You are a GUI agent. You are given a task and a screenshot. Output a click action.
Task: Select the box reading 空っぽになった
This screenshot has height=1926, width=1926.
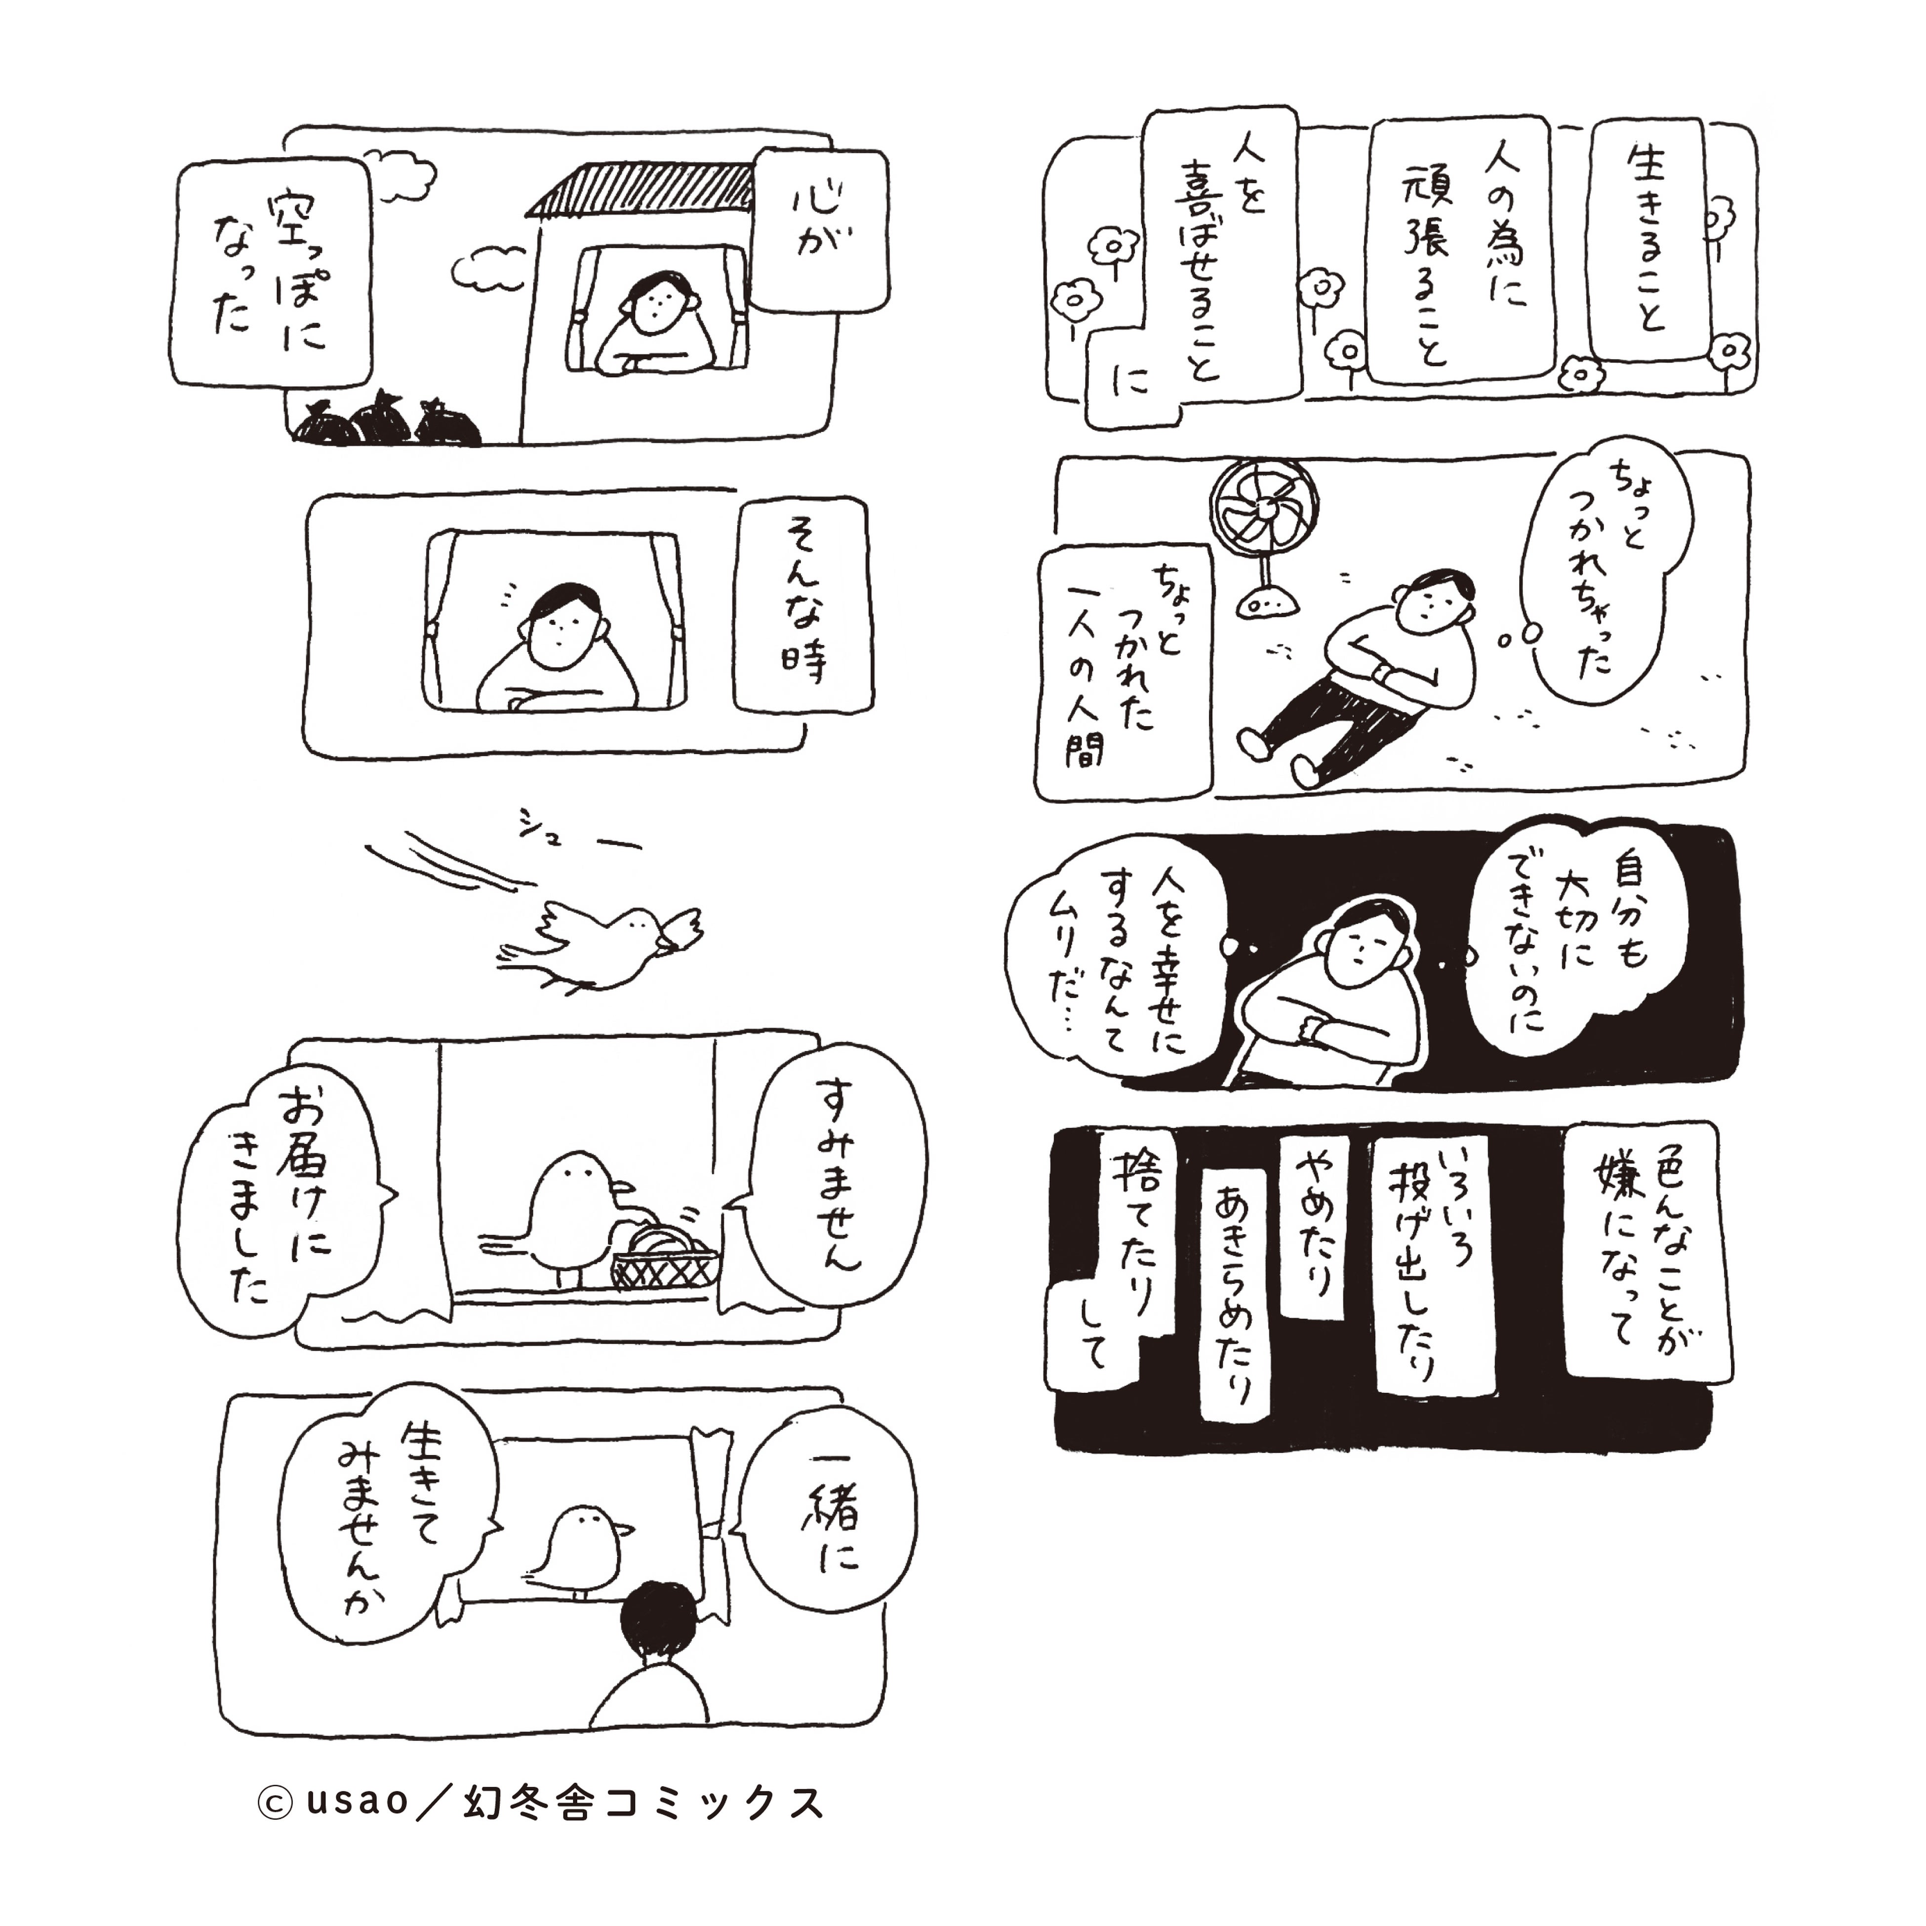(x=271, y=272)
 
